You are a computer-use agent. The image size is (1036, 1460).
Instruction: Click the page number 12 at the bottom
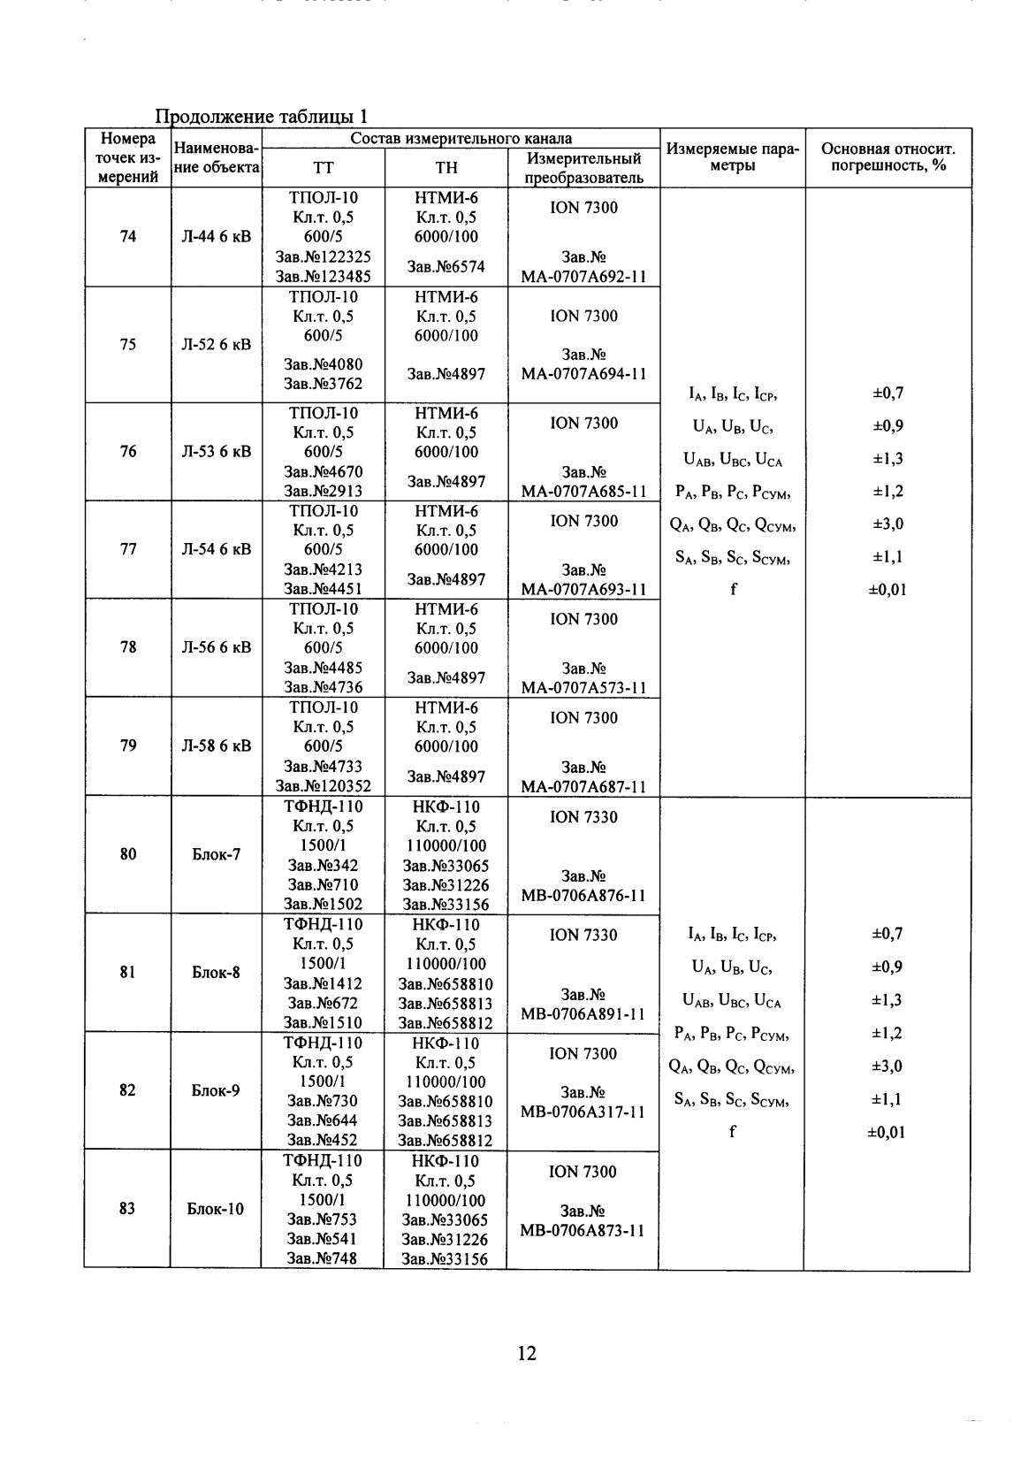526,1352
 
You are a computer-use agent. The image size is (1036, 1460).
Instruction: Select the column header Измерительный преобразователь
583,168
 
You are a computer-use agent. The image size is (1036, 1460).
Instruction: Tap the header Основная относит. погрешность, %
887,157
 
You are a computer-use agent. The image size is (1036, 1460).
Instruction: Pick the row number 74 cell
128,236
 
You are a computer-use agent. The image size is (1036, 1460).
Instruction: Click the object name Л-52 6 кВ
216,344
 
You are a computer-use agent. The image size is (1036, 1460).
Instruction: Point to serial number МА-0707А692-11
583,276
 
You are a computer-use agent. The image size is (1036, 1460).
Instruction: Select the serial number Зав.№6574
446,266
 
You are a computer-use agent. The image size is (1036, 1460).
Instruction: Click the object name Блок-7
216,854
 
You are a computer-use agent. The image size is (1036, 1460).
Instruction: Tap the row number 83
127,1208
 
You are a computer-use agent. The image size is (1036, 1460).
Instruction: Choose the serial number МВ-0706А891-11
583,1013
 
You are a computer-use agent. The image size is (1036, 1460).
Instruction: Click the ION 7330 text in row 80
583,817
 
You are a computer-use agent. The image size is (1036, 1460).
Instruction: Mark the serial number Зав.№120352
324,786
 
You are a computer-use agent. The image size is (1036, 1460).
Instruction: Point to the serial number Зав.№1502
324,904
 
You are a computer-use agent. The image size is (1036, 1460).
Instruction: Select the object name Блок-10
216,1208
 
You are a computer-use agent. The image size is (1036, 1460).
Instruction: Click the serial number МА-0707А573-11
583,687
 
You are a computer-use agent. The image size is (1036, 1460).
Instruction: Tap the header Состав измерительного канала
461,138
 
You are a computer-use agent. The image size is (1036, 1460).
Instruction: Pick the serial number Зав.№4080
324,364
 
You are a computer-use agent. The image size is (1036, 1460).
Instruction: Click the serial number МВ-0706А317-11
583,1112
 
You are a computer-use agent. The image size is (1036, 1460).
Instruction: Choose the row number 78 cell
128,647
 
